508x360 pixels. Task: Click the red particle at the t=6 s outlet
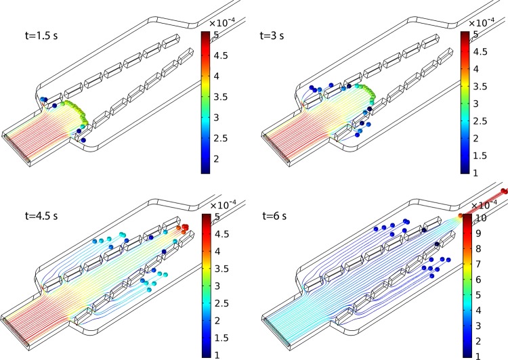[x=504, y=192]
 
